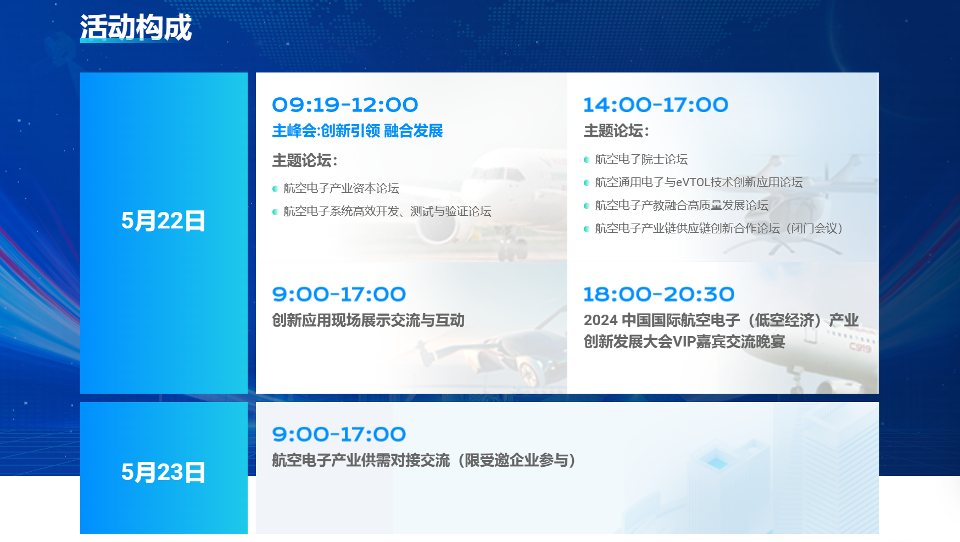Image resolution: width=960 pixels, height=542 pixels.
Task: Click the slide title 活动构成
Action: tap(136, 27)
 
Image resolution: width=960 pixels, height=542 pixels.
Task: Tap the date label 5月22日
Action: tap(163, 221)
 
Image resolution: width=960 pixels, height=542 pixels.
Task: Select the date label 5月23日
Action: tap(163, 472)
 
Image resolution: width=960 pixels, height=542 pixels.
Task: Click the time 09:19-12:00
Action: tap(345, 105)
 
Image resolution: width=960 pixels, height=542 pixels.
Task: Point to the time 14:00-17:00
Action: tap(656, 105)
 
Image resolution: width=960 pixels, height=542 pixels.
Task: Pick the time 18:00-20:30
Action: tap(658, 294)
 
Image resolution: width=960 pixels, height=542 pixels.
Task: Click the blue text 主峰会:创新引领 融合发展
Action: tap(358, 131)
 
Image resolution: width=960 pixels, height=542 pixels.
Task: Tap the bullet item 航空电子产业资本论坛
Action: tap(341, 188)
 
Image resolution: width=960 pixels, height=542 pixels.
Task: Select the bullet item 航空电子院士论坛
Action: tap(641, 159)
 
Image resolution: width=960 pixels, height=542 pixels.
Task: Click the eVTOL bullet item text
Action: tap(699, 182)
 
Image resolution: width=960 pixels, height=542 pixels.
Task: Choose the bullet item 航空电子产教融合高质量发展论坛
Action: tap(682, 205)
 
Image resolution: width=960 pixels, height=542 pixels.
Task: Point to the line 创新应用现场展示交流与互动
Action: tap(369, 320)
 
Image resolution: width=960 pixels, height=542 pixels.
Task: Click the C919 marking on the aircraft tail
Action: tap(860, 347)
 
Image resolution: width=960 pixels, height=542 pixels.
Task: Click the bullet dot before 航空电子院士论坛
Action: tap(587, 160)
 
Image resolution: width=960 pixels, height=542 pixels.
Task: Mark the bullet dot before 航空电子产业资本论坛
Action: tap(275, 189)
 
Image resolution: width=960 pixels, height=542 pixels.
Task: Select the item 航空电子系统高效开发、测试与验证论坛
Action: tap(387, 211)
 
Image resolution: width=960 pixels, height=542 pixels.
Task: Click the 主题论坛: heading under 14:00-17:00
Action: tap(616, 131)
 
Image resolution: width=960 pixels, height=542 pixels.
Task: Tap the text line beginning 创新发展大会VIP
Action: tap(684, 342)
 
